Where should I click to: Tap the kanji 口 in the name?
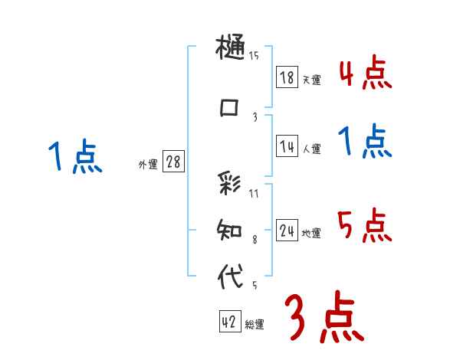click(x=229, y=108)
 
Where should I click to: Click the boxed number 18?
click(x=287, y=77)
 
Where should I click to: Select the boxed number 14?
click(x=287, y=146)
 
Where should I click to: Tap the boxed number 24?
click(x=287, y=231)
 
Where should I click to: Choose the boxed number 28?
click(x=172, y=162)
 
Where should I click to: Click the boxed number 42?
click(x=228, y=322)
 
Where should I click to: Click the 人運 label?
click(x=311, y=149)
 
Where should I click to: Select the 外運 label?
click(x=147, y=164)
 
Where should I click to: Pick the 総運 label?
click(x=254, y=325)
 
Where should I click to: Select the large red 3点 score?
click(x=324, y=317)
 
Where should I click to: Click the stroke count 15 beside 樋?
click(x=254, y=55)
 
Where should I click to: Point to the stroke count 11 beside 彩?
click(x=254, y=194)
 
